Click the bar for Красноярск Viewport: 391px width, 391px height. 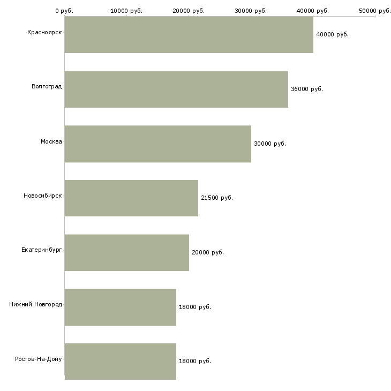tap(189, 35)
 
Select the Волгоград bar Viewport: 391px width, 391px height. tap(176, 89)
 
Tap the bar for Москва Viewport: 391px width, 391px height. tap(158, 144)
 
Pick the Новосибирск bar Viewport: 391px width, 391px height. tap(131, 198)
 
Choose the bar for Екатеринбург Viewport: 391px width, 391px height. tap(127, 253)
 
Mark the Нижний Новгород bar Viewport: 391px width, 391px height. tap(121, 307)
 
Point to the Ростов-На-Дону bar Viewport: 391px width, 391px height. tap(121, 362)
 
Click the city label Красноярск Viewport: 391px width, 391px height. tap(44, 33)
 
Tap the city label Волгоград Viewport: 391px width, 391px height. tap(47, 87)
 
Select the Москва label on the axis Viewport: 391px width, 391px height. tap(51, 141)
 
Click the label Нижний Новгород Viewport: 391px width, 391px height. tap(36, 304)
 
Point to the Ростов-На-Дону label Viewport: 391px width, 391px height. tap(39, 359)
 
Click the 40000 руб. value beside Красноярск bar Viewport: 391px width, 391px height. tap(333, 34)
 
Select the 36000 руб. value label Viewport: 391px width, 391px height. tap(307, 89)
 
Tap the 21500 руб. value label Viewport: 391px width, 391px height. tap(217, 198)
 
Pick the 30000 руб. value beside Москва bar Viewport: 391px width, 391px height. tap(270, 144)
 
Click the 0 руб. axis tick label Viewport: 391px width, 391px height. tap(64, 11)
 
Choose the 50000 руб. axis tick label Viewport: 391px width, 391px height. tap(375, 11)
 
